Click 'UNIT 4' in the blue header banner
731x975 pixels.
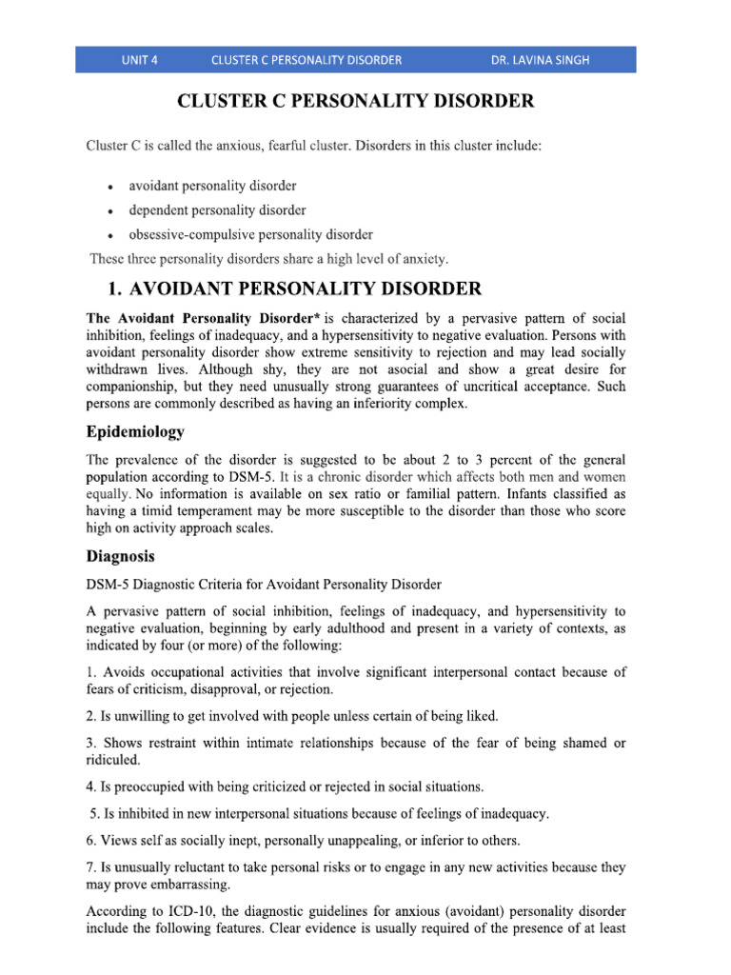(x=139, y=60)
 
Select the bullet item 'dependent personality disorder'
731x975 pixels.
(x=217, y=210)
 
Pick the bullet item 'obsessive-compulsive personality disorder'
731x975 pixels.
(x=250, y=234)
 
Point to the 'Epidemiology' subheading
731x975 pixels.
(x=136, y=431)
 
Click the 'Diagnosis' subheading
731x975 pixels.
(x=121, y=556)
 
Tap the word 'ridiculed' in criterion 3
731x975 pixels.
(x=112, y=761)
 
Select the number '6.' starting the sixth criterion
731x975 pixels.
(x=92, y=840)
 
